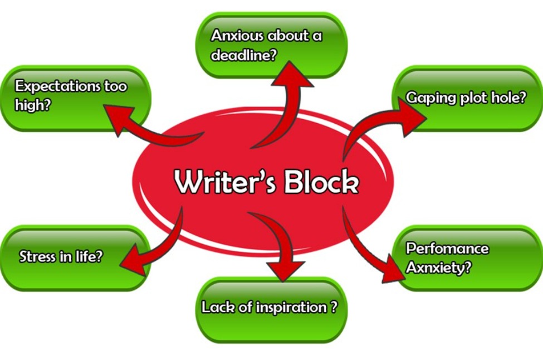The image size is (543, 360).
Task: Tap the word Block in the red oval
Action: pyautogui.click(x=321, y=181)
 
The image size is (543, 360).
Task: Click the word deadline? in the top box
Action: pyautogui.click(x=244, y=55)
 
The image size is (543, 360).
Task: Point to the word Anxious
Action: pyautogui.click(x=237, y=35)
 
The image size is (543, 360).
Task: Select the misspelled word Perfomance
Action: pyautogui.click(x=447, y=248)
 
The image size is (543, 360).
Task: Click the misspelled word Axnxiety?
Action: pyautogui.click(x=439, y=267)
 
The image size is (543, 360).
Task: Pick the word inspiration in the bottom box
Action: pyautogui.click(x=292, y=307)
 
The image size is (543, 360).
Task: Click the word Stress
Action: pyautogui.click(x=37, y=256)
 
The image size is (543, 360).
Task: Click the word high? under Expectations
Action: pyautogui.click(x=32, y=105)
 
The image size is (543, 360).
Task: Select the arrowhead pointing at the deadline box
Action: pyautogui.click(x=291, y=76)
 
